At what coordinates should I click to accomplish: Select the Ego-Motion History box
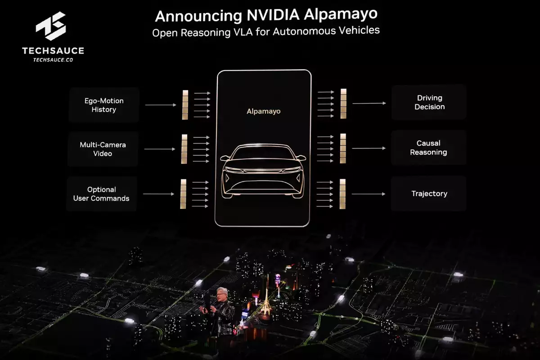pos(104,105)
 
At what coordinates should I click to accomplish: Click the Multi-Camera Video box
pos(103,149)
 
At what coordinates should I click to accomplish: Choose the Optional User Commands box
pos(102,194)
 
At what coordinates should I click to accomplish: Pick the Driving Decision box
pos(429,103)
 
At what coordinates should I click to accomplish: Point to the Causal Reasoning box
pos(428,148)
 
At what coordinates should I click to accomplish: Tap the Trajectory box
pos(429,194)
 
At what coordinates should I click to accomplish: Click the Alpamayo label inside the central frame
pos(264,111)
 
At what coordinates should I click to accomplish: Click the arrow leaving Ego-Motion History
pos(160,105)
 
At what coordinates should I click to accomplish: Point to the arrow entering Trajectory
pos(368,194)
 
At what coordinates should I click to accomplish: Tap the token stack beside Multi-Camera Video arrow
pos(184,149)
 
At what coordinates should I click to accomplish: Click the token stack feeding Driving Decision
pos(343,103)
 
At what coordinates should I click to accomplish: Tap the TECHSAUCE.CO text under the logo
pos(53,59)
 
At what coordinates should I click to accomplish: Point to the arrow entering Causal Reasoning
pos(369,148)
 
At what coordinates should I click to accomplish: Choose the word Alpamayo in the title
pos(340,15)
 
